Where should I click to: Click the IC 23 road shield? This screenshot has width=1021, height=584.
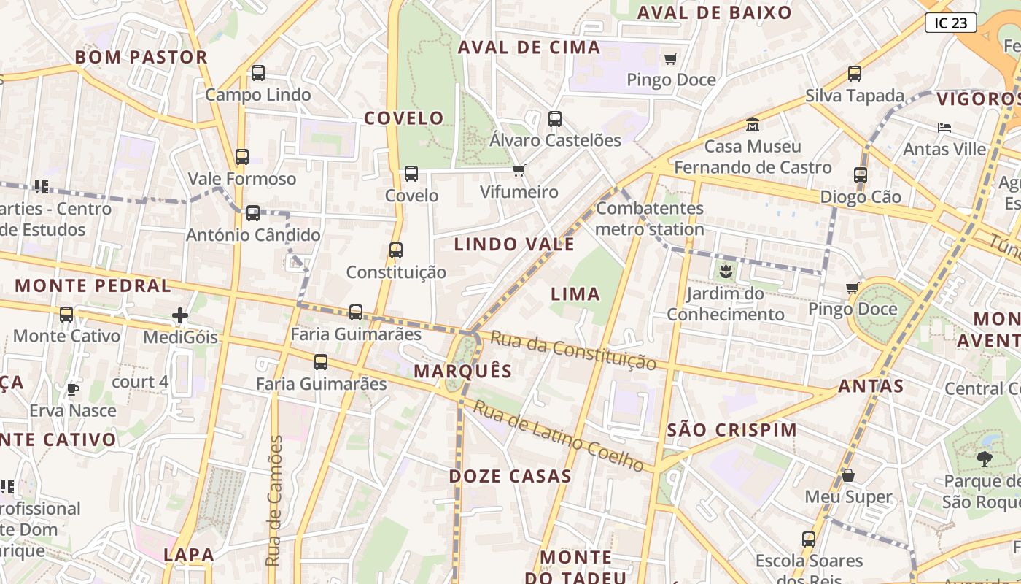(950, 23)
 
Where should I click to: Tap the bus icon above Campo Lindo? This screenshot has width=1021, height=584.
(258, 73)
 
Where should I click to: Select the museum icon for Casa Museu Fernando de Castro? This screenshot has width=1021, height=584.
(753, 125)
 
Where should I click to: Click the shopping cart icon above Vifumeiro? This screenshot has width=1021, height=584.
(519, 170)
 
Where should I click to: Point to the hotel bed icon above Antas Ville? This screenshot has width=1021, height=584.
(944, 128)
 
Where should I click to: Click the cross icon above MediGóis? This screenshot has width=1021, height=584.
(180, 315)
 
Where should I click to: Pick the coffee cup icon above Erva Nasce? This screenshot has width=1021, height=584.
(72, 389)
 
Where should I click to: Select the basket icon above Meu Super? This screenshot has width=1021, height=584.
(848, 475)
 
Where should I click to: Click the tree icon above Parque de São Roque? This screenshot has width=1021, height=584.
(985, 459)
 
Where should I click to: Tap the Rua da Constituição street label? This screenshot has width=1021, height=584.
(573, 350)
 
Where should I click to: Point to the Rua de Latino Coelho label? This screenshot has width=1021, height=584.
(559, 435)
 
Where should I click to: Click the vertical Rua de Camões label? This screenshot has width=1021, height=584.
(274, 501)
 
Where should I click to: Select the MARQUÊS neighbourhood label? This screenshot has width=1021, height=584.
(463, 371)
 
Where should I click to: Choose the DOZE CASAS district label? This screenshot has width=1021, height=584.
(510, 476)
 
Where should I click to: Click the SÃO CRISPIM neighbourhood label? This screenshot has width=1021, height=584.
(732, 430)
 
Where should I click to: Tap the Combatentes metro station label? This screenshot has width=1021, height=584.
(650, 218)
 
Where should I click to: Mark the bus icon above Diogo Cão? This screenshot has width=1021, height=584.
(861, 175)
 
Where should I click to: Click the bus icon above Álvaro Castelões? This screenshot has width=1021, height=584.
(555, 119)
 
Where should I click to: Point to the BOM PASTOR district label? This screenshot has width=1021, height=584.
(141, 57)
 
